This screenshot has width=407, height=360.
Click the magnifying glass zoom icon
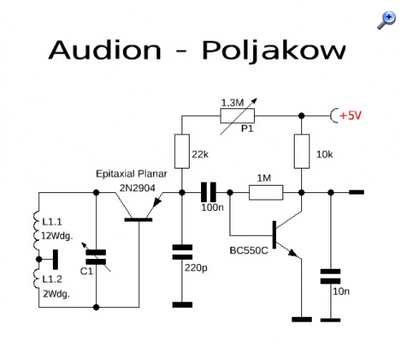[x=387, y=20]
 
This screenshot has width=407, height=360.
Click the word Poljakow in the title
[x=274, y=50]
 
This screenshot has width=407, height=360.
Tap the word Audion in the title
[x=105, y=50]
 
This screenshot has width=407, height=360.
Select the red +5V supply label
[x=350, y=116]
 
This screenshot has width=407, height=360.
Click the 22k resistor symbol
[x=182, y=151]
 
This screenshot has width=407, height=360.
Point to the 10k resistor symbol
[x=302, y=151]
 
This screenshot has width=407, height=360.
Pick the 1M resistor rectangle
[x=266, y=192]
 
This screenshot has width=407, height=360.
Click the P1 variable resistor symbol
[x=238, y=116]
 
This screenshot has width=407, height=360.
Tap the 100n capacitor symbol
[x=208, y=192]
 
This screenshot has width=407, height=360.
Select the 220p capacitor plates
[x=182, y=252]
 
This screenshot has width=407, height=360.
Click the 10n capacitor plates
[x=330, y=276]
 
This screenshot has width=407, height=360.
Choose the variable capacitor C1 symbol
[x=96, y=257]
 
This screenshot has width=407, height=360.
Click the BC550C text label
[x=249, y=250]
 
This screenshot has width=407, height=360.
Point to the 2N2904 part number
[x=138, y=188]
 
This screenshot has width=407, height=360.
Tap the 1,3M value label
[x=232, y=103]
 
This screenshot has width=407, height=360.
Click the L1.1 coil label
[x=52, y=222]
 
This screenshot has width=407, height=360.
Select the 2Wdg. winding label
[x=56, y=294]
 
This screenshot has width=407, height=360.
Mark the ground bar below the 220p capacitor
[x=182, y=305]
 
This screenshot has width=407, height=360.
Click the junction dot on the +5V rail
[x=301, y=116]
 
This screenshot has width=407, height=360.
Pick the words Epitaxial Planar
[x=131, y=173]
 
